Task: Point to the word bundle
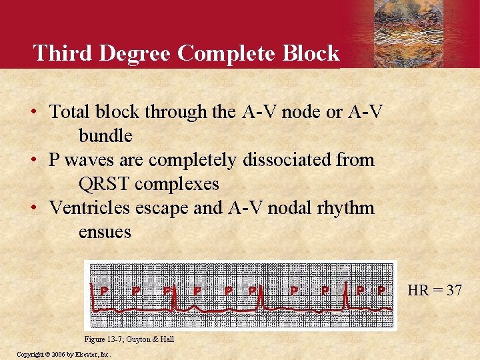(105, 135)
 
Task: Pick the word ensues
(105, 231)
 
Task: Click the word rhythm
(347, 207)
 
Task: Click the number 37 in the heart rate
(455, 291)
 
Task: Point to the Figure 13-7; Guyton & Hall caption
(129, 339)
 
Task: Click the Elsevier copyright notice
(63, 354)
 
